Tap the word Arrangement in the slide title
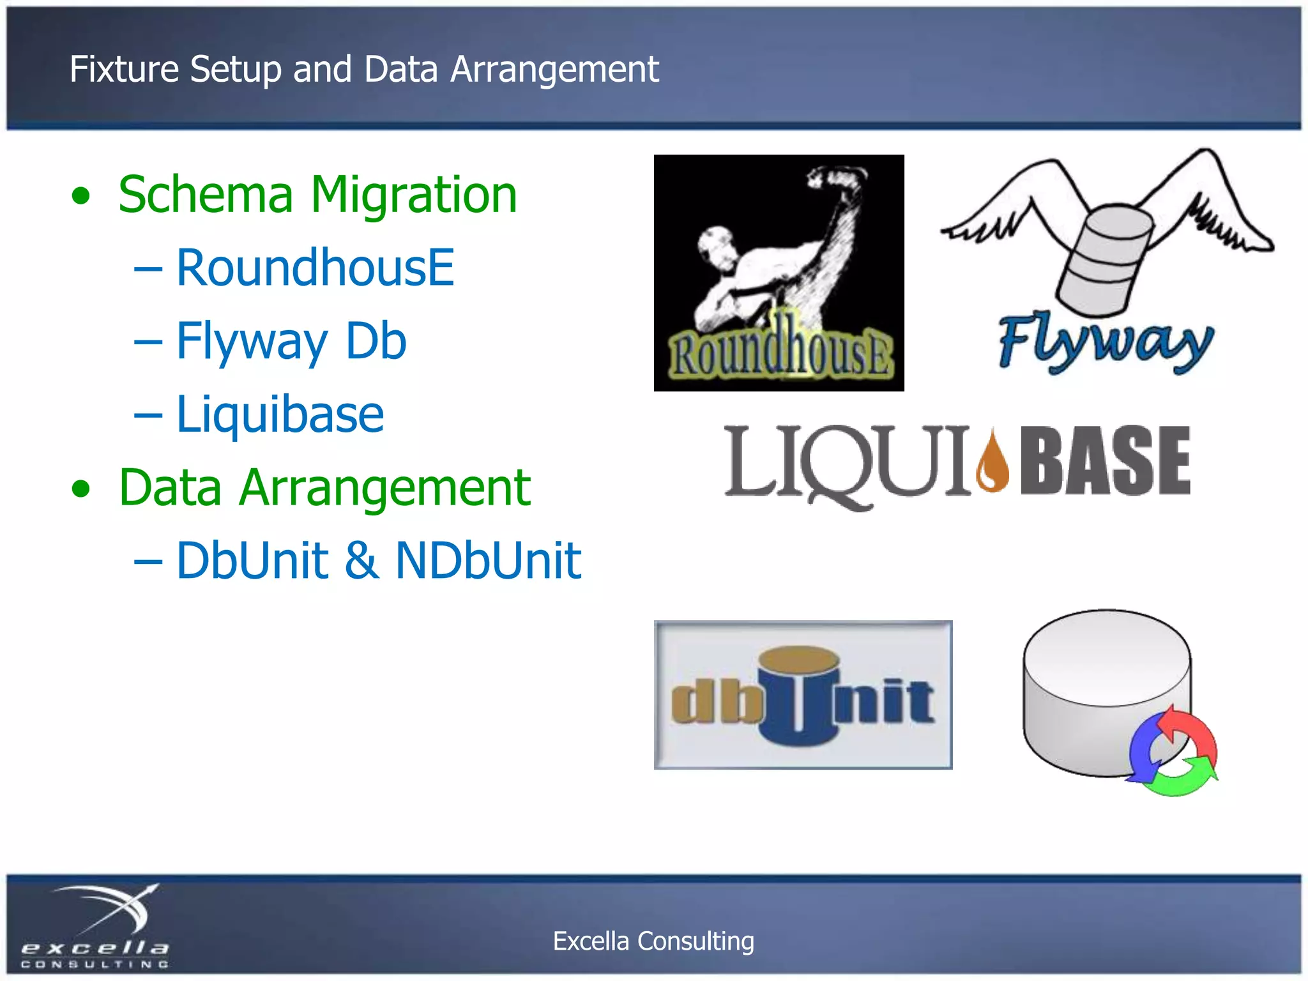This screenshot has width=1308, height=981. (554, 70)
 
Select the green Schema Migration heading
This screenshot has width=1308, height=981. (317, 195)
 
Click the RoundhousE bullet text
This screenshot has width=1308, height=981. (315, 268)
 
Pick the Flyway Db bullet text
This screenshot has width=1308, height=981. (291, 342)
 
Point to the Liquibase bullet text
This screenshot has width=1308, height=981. (280, 414)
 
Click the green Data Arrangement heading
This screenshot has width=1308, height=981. (324, 488)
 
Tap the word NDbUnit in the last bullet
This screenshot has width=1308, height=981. (488, 561)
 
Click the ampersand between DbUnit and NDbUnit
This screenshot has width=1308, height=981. (361, 561)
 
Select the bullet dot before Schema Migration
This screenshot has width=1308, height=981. (81, 196)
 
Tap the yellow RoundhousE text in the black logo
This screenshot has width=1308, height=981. (780, 355)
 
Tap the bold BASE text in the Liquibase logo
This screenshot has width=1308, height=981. (1105, 461)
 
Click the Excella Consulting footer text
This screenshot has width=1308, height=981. (653, 941)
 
